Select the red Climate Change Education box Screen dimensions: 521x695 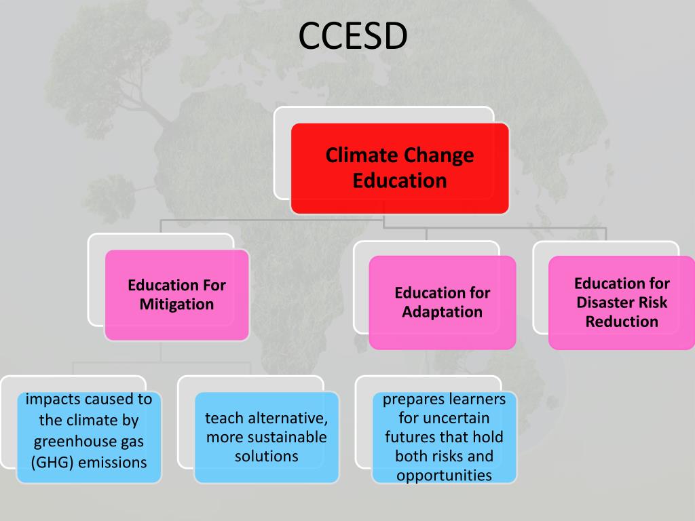point(400,168)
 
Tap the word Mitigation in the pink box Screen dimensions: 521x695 point(176,305)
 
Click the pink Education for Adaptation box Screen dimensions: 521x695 point(442,302)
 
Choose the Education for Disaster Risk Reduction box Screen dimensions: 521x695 point(622,302)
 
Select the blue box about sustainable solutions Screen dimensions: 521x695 point(266,437)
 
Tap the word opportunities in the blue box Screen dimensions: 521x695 point(445,475)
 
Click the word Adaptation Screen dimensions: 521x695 point(442,312)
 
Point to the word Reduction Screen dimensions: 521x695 point(622,322)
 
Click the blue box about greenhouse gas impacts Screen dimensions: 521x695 point(89,437)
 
